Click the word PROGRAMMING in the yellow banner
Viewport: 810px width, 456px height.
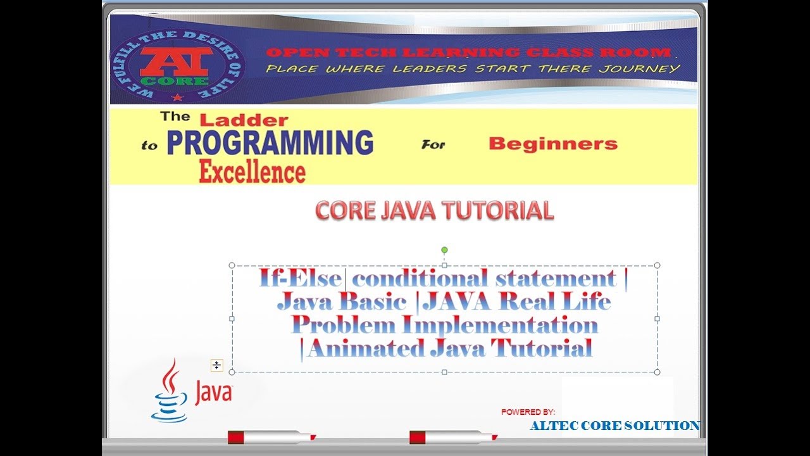[x=270, y=144]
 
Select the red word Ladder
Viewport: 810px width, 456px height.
[x=244, y=120]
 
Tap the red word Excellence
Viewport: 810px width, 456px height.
[x=252, y=172]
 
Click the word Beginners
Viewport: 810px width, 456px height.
[x=552, y=144]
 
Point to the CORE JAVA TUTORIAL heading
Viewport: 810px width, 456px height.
[x=434, y=211]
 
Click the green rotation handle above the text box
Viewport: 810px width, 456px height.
[x=444, y=250]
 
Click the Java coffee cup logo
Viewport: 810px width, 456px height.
[x=170, y=393]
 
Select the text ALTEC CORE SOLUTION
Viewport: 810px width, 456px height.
[x=614, y=426]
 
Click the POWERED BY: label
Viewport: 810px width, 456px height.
[x=528, y=412]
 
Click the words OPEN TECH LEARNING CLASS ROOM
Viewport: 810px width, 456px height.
[x=468, y=53]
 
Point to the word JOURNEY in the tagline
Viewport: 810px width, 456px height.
[x=647, y=68]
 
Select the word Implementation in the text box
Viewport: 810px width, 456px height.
[x=500, y=325]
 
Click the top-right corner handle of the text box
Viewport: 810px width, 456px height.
[x=657, y=265]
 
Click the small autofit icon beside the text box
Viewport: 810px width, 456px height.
[x=216, y=365]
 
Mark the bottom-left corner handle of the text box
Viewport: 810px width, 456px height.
[x=232, y=372]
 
